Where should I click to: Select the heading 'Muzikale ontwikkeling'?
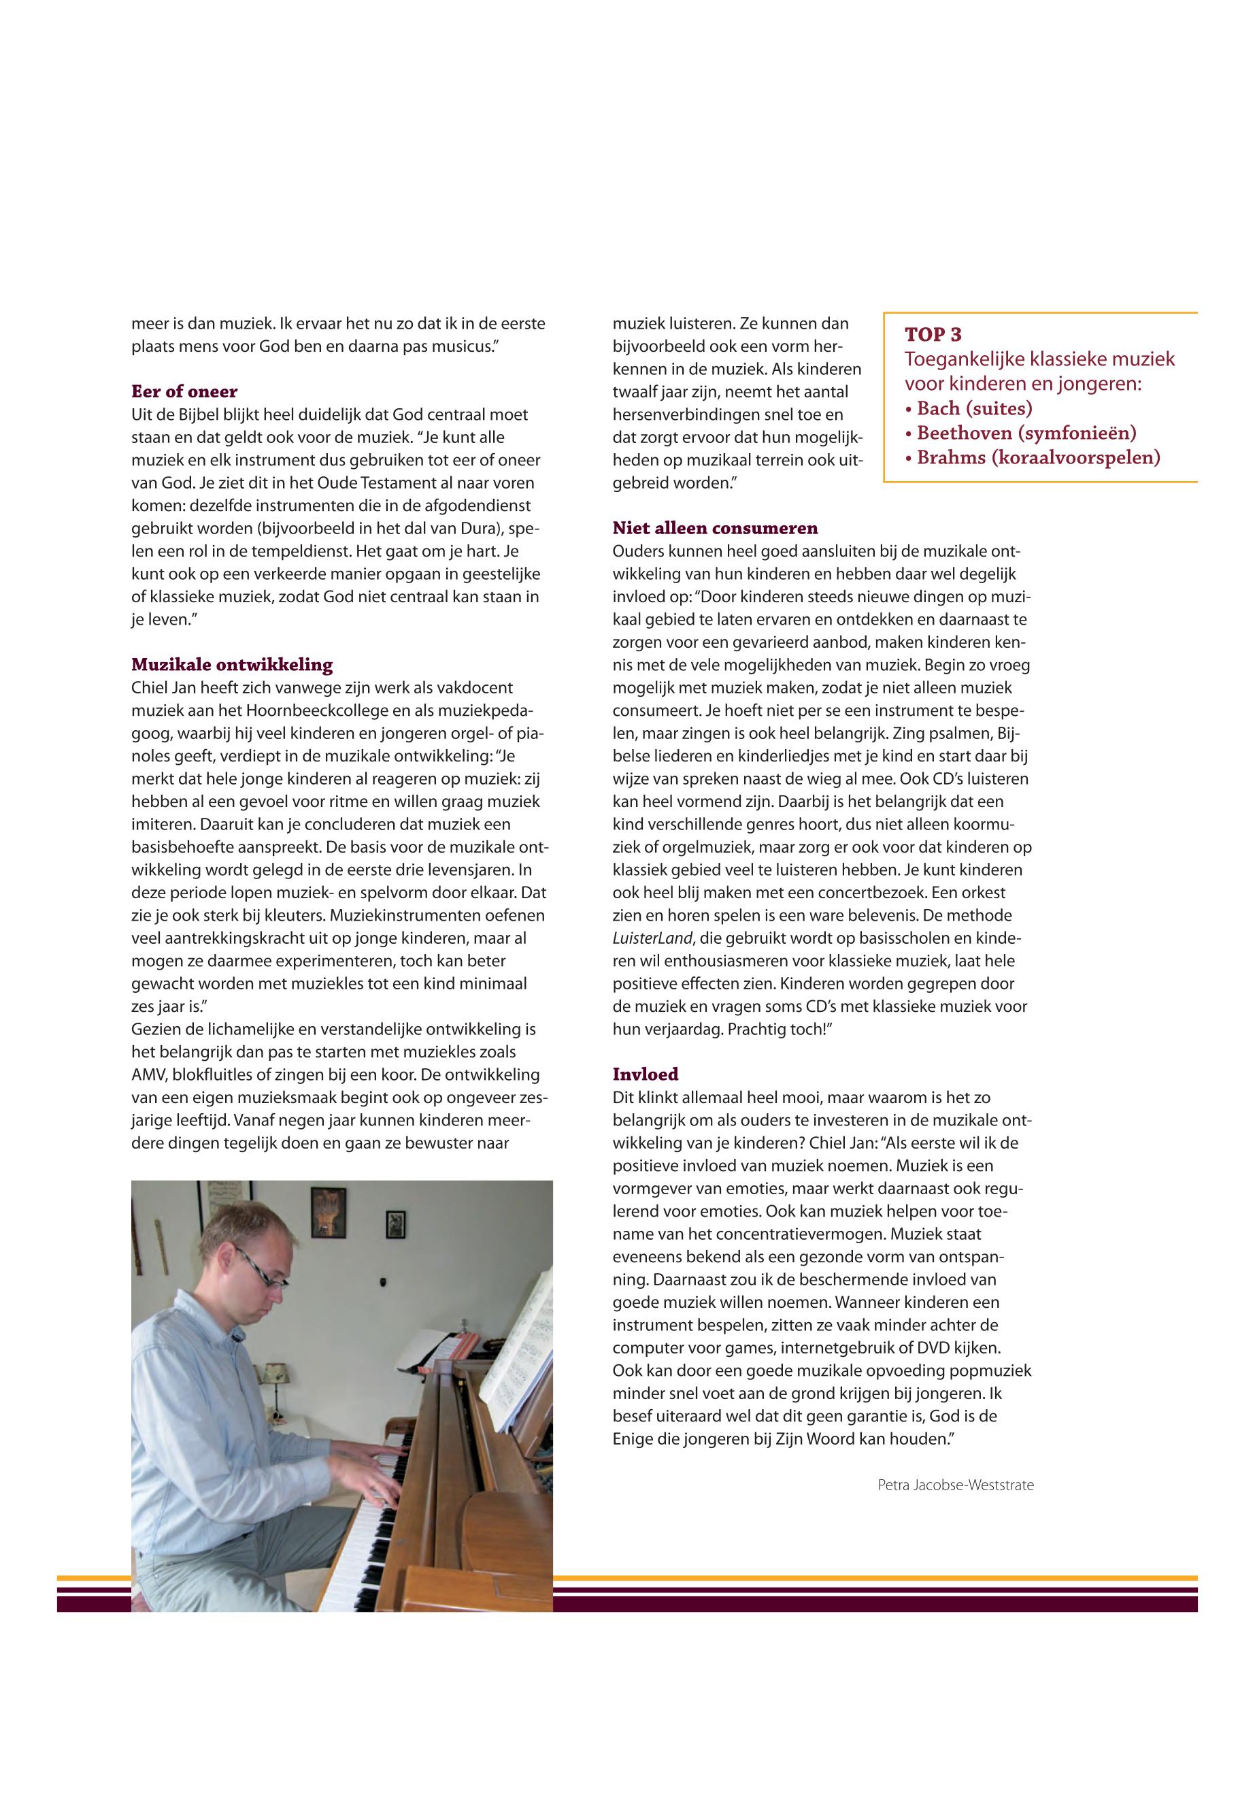click(x=232, y=665)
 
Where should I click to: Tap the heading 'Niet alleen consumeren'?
click(x=715, y=528)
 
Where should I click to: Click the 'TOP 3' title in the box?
click(x=933, y=334)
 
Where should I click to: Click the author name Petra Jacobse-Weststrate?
click(x=956, y=1485)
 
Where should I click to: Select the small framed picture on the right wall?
click(x=395, y=1224)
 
